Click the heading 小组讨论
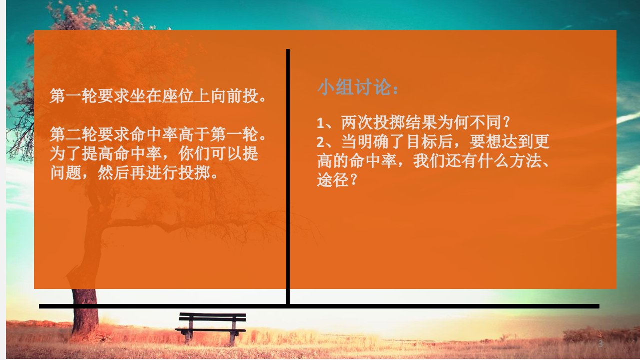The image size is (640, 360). coord(354,87)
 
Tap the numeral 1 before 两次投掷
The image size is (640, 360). coord(320,123)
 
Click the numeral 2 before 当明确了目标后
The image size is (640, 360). coord(321,142)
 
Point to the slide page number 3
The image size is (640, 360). coord(600,343)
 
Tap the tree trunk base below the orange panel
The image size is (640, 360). coord(85,311)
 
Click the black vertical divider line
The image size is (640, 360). coord(288,176)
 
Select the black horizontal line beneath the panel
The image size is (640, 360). coord(319,306)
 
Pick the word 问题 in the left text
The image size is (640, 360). coord(66,172)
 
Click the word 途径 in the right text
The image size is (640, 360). coord(333,180)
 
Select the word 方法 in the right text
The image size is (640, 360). coord(526,160)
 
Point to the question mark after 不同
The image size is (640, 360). coord(506,122)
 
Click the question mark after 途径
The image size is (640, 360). coord(353,180)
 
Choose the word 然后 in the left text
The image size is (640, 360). coord(114,172)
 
